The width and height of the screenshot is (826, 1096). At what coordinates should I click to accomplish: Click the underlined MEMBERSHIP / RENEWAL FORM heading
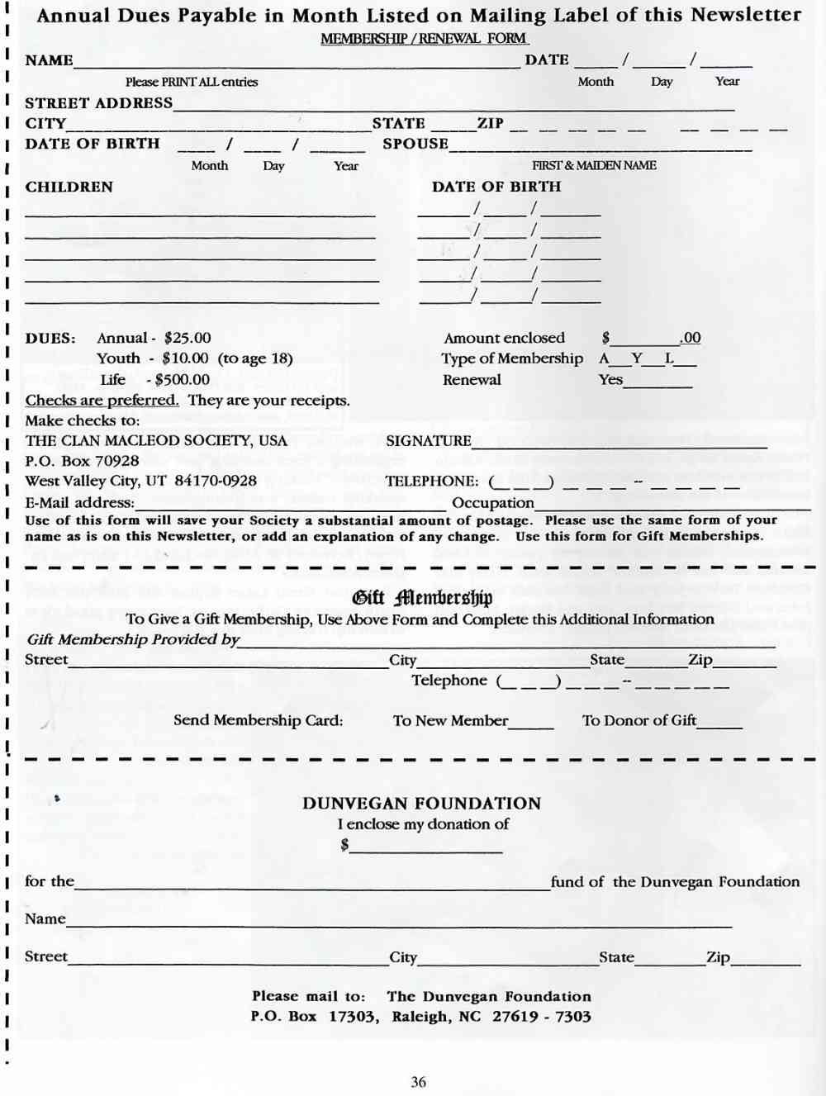point(424,39)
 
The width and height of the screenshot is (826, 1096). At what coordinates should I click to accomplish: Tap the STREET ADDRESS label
point(98,103)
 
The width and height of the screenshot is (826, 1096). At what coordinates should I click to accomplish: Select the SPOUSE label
point(415,144)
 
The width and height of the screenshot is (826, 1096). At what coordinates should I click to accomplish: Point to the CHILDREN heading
point(69,187)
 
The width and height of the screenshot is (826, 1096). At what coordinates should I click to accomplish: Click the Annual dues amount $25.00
point(188,338)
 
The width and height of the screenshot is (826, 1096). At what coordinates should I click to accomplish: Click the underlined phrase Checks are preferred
point(102,401)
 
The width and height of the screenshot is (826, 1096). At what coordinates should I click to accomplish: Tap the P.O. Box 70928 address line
point(82,461)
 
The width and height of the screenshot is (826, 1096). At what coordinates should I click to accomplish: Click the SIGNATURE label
point(428,441)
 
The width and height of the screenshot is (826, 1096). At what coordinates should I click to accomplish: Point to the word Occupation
point(493,503)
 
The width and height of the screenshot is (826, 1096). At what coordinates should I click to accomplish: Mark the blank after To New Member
point(531,724)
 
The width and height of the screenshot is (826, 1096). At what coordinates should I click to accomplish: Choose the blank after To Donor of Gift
point(719,724)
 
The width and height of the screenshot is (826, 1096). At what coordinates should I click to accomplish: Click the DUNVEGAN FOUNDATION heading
point(421,804)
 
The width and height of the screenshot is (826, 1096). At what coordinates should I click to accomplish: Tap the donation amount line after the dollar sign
point(426,847)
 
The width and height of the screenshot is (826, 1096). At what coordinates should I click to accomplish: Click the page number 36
point(419,1082)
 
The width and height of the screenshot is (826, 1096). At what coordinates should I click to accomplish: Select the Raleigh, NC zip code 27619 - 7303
point(542,1017)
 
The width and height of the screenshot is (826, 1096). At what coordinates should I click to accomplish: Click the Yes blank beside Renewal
point(658,382)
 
